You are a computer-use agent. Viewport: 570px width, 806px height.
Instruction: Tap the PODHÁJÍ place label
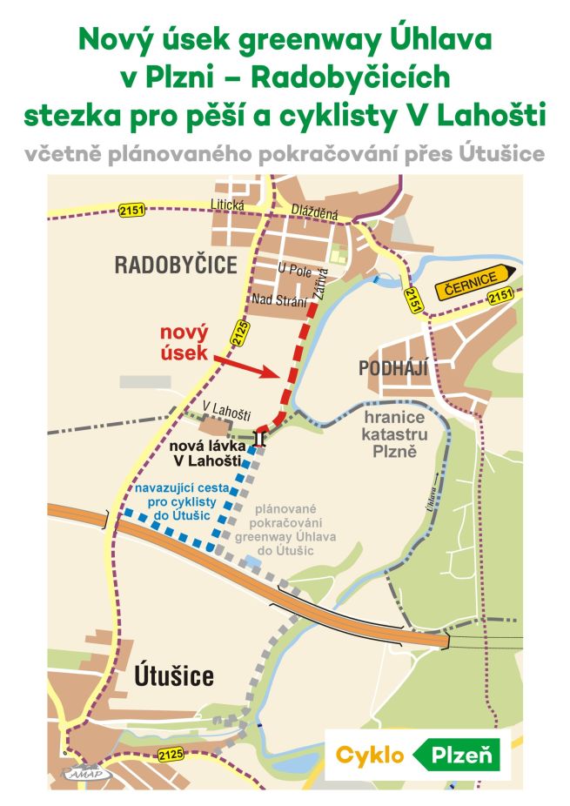(x=394, y=368)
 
